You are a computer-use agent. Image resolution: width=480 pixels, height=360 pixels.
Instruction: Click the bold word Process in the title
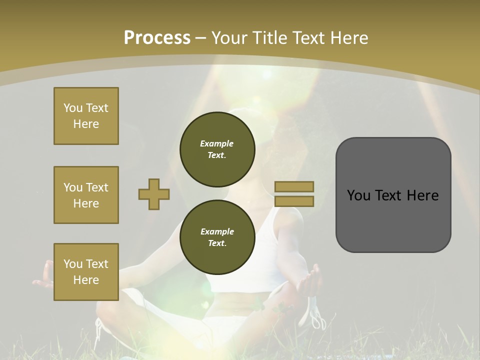click(x=157, y=38)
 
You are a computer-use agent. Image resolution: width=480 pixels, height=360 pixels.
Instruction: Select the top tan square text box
click(x=86, y=116)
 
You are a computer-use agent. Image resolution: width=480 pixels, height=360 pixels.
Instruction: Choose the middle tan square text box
click(x=86, y=195)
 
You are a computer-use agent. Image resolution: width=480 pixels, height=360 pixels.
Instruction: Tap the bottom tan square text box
click(x=86, y=272)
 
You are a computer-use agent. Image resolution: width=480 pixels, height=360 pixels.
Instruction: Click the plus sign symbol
click(x=154, y=194)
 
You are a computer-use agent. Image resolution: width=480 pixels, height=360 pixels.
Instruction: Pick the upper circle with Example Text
click(x=217, y=149)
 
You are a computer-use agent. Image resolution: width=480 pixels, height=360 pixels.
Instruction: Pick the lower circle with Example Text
click(x=217, y=237)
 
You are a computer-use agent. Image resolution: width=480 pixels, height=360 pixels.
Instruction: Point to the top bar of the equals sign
click(x=294, y=186)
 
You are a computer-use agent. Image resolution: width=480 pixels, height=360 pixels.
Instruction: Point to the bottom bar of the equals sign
click(x=294, y=201)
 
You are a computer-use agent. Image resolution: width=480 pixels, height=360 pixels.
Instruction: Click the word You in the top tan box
click(x=73, y=108)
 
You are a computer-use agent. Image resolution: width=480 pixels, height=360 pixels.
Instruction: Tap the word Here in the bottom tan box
click(x=86, y=280)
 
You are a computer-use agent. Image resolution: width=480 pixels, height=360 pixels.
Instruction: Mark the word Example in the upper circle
click(x=217, y=143)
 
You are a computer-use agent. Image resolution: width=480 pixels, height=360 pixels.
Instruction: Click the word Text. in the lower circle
click(x=217, y=243)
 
